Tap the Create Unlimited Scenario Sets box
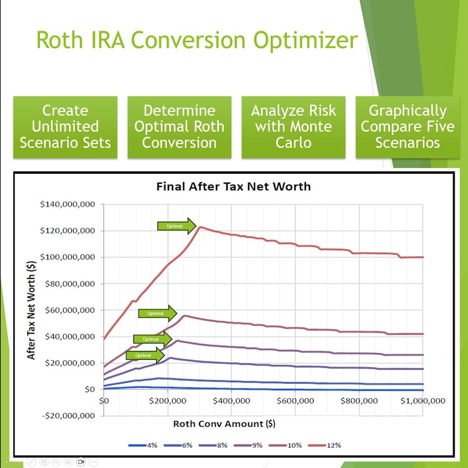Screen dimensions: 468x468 click(65, 127)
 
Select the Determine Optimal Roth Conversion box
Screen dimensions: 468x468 click(179, 127)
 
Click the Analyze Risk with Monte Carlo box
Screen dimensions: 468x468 click(293, 127)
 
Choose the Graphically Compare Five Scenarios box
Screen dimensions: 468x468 click(407, 127)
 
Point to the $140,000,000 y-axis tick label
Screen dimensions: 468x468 click(68, 205)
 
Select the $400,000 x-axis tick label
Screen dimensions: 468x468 click(232, 401)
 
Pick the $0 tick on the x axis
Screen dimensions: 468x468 click(104, 401)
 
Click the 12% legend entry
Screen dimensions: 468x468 click(334, 445)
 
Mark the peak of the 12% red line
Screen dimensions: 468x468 click(199, 227)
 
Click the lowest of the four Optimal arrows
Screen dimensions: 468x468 click(145, 355)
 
